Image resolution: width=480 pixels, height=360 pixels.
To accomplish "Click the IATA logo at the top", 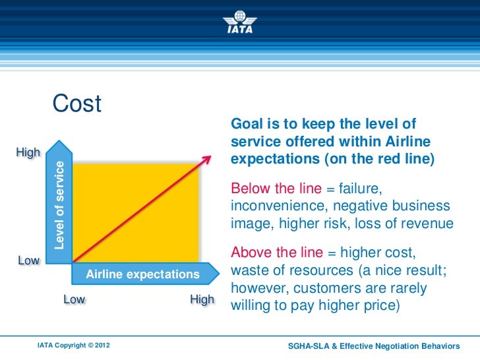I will (x=240, y=20).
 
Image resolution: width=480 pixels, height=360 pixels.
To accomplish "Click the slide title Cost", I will (x=76, y=104).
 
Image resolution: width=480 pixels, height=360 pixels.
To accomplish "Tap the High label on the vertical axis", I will (x=28, y=152).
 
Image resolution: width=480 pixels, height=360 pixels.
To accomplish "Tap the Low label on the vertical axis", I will (x=28, y=260).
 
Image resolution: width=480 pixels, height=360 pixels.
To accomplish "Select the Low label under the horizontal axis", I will (x=74, y=299).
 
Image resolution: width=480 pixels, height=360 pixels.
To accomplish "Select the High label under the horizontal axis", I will (x=202, y=299).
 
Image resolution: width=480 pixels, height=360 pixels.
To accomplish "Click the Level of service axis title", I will (x=59, y=205).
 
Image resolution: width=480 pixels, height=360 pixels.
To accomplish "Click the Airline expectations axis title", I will (x=143, y=274).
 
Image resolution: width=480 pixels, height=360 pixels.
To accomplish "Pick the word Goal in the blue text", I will (x=244, y=125).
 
